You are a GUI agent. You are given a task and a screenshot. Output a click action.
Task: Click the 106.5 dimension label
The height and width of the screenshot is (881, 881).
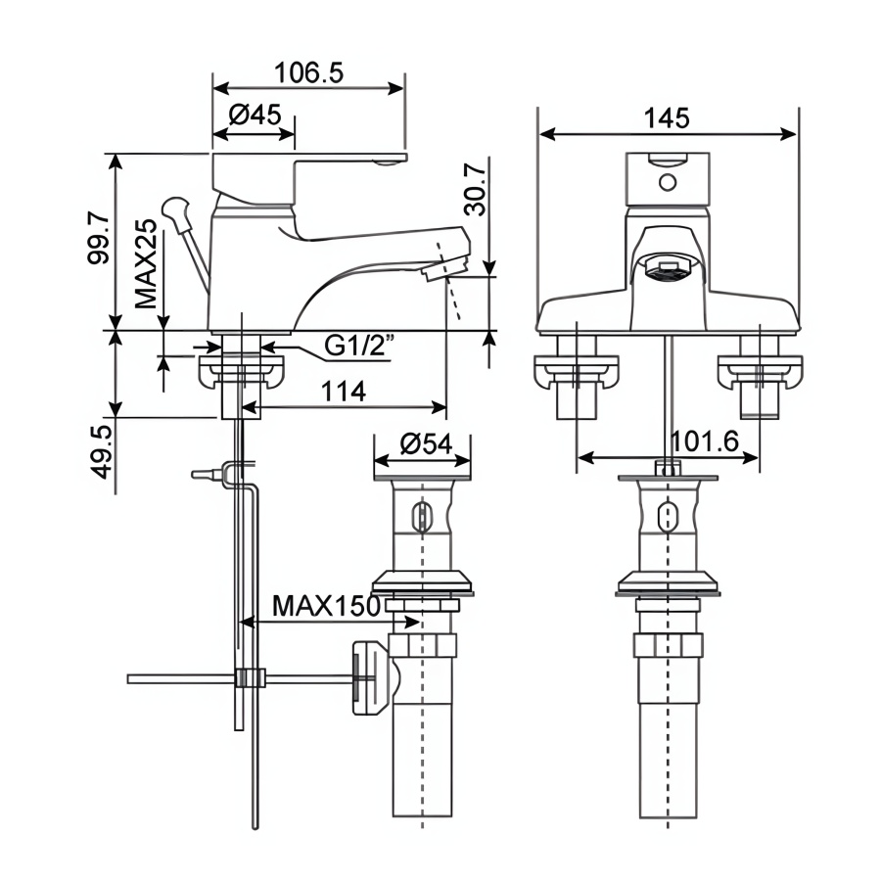pos(308,73)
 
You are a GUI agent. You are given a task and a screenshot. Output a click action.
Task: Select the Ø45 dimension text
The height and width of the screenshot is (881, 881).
pos(255,116)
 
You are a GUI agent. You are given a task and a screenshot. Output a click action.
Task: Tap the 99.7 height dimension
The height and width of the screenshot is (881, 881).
pos(100,238)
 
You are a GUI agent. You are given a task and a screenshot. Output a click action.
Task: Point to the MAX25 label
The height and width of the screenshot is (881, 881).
pos(146,263)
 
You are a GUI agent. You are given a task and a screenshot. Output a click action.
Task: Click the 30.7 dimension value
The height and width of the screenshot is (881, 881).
pos(476,189)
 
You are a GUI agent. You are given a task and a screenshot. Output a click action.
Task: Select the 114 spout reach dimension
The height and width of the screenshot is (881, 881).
pos(343,392)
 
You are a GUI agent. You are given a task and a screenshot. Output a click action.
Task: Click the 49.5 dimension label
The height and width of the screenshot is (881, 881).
pos(102,451)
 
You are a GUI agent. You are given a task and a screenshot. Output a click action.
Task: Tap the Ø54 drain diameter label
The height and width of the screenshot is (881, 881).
pos(426,443)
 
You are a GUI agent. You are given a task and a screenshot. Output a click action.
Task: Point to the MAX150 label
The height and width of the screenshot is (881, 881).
pos(326,606)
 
